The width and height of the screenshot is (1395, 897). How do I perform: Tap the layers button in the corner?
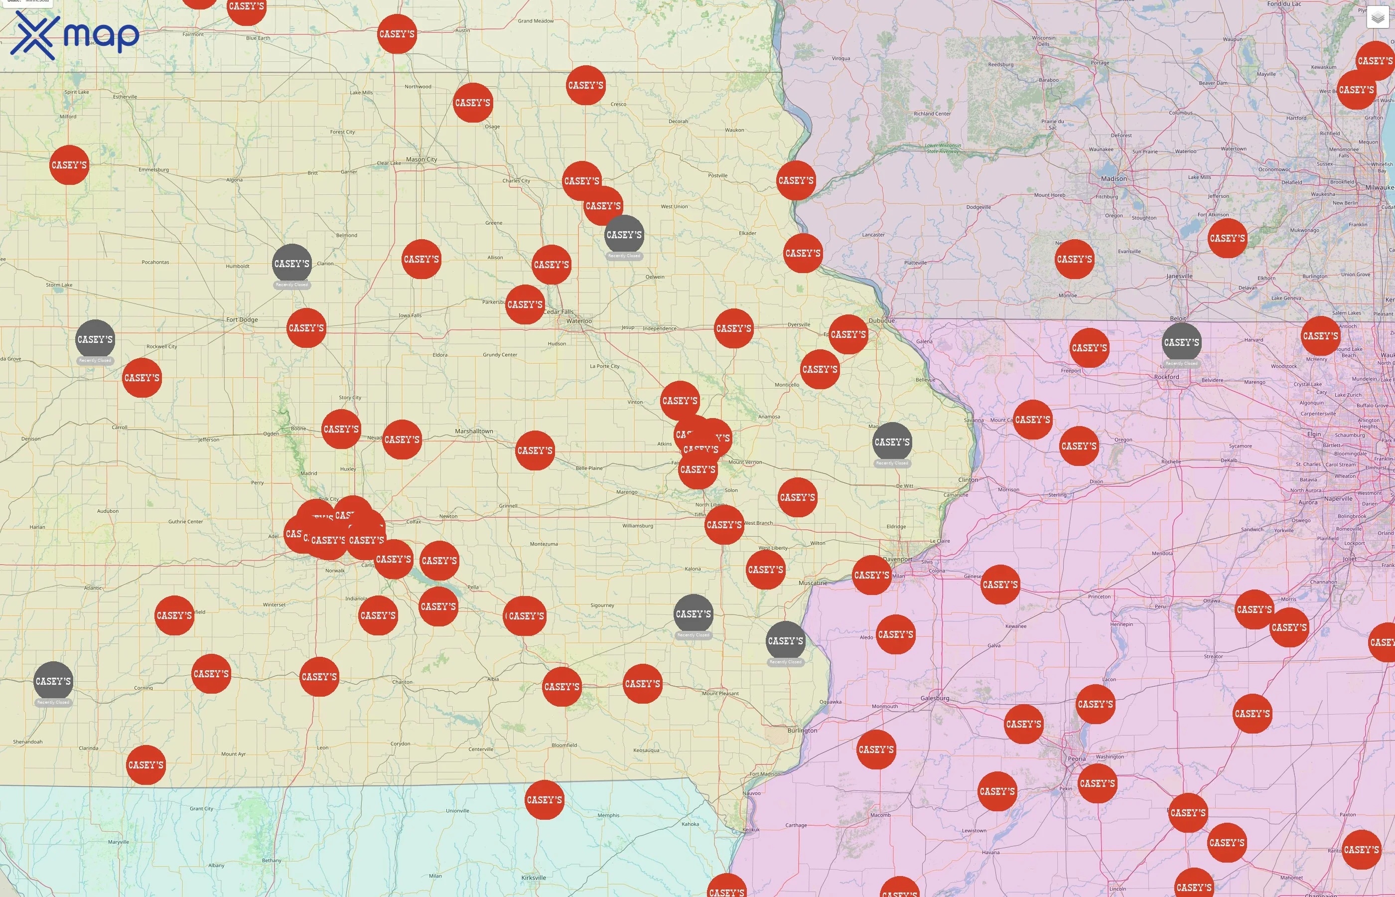tap(1378, 17)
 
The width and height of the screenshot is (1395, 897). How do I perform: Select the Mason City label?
tap(421, 159)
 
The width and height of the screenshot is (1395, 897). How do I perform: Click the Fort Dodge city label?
tap(242, 320)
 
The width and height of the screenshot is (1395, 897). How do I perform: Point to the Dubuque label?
tap(881, 320)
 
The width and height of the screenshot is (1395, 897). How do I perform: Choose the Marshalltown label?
tap(474, 432)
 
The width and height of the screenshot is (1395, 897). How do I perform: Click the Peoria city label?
tap(1077, 759)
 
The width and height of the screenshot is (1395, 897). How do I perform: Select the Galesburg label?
tap(935, 698)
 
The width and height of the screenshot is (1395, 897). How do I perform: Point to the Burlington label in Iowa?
tap(802, 731)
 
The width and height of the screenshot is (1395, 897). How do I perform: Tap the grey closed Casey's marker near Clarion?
tap(291, 264)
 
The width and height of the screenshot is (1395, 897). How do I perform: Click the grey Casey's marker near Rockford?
tap(1181, 342)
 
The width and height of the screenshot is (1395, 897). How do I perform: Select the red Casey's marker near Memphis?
tap(545, 800)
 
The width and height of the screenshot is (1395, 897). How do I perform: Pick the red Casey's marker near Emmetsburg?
tap(69, 165)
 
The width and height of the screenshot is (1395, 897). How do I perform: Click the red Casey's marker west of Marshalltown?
tap(402, 440)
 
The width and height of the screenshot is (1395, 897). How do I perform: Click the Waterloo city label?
tap(579, 321)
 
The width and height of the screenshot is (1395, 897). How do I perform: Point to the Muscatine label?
tap(813, 583)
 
